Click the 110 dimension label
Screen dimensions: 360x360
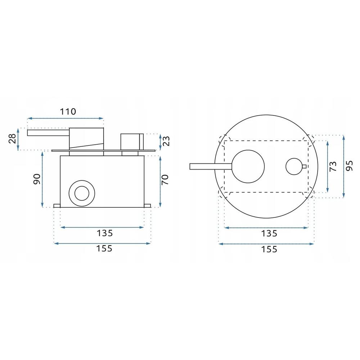coord(68,111)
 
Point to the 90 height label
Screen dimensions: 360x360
coord(36,179)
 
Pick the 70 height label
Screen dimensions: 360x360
coord(166,179)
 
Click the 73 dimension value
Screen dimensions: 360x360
coord(333,166)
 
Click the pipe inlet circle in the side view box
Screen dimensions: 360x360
coord(83,193)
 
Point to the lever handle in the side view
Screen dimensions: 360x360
coord(48,132)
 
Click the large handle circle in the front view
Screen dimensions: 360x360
coord(248,166)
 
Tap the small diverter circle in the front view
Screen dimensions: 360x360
coord(294,166)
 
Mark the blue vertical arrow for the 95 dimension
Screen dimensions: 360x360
coord(343,166)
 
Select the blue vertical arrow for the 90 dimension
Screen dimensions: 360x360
coord(43,179)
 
